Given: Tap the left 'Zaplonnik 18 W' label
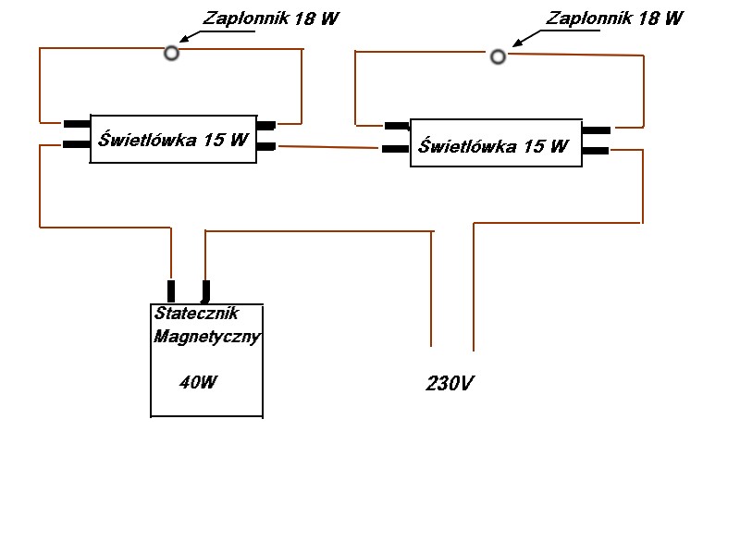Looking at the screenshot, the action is tap(271, 18).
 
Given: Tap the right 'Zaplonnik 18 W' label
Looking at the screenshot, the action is tap(614, 18).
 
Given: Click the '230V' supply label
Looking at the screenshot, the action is tap(450, 383).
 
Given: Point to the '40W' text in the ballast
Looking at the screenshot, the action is tap(198, 382).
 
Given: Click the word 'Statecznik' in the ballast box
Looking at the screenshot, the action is tap(196, 313).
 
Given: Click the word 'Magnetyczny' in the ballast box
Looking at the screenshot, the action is tap(206, 337).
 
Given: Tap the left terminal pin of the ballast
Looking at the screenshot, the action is tap(171, 291).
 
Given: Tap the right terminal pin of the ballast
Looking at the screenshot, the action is tap(205, 291).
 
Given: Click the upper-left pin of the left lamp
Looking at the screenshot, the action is tap(77, 124).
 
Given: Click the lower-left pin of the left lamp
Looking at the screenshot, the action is tap(77, 144).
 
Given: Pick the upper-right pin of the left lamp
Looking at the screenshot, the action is tap(266, 126).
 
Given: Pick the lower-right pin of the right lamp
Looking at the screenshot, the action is tap(596, 151).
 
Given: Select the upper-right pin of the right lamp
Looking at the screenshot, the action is tap(597, 129).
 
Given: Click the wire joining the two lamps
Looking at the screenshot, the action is tap(328, 147).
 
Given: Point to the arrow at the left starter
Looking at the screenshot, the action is tap(217, 36).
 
